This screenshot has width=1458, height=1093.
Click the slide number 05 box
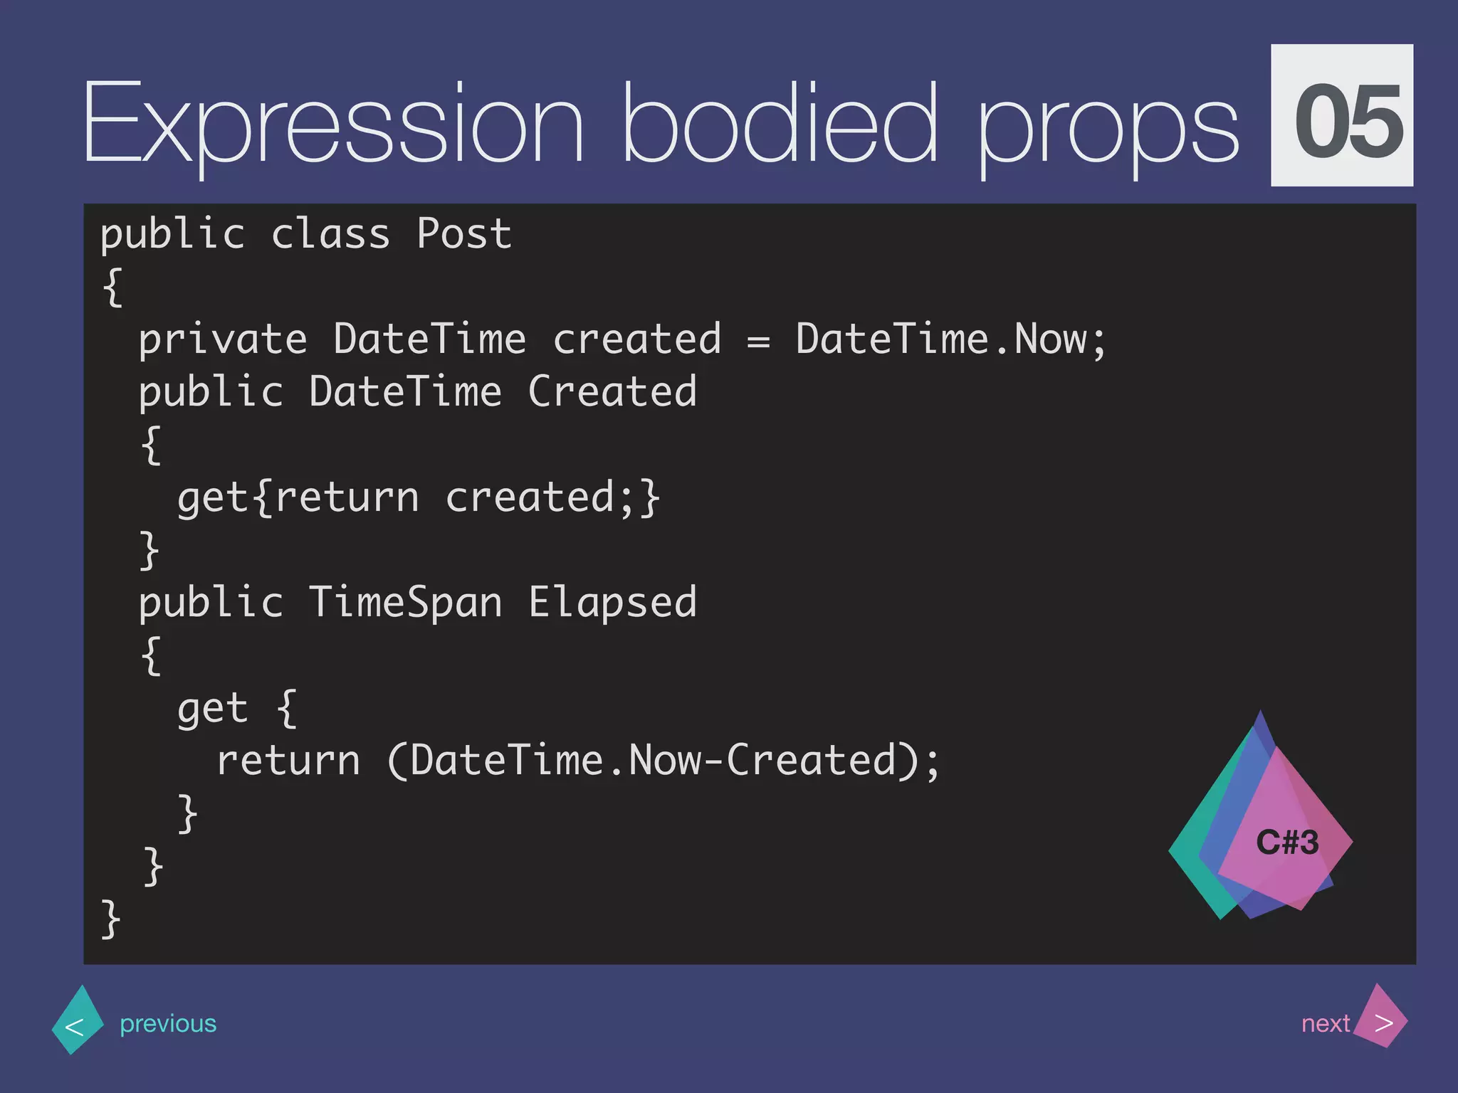point(1342,116)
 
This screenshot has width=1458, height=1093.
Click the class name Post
point(463,233)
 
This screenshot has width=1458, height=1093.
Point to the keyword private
point(222,339)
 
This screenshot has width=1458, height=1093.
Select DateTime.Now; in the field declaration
point(950,339)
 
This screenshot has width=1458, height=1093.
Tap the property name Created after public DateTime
point(612,391)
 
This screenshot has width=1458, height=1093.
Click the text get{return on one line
point(298,497)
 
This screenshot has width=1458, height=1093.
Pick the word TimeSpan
point(405,602)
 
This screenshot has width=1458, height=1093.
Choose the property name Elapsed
point(612,603)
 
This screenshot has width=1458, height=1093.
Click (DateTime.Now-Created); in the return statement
point(664,760)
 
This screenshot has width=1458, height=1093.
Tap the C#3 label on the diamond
point(1287,843)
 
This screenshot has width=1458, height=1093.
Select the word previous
point(168,1023)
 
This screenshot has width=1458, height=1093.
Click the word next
point(1325,1023)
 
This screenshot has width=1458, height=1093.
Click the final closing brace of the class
point(110,919)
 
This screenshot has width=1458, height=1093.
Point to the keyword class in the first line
point(330,233)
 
